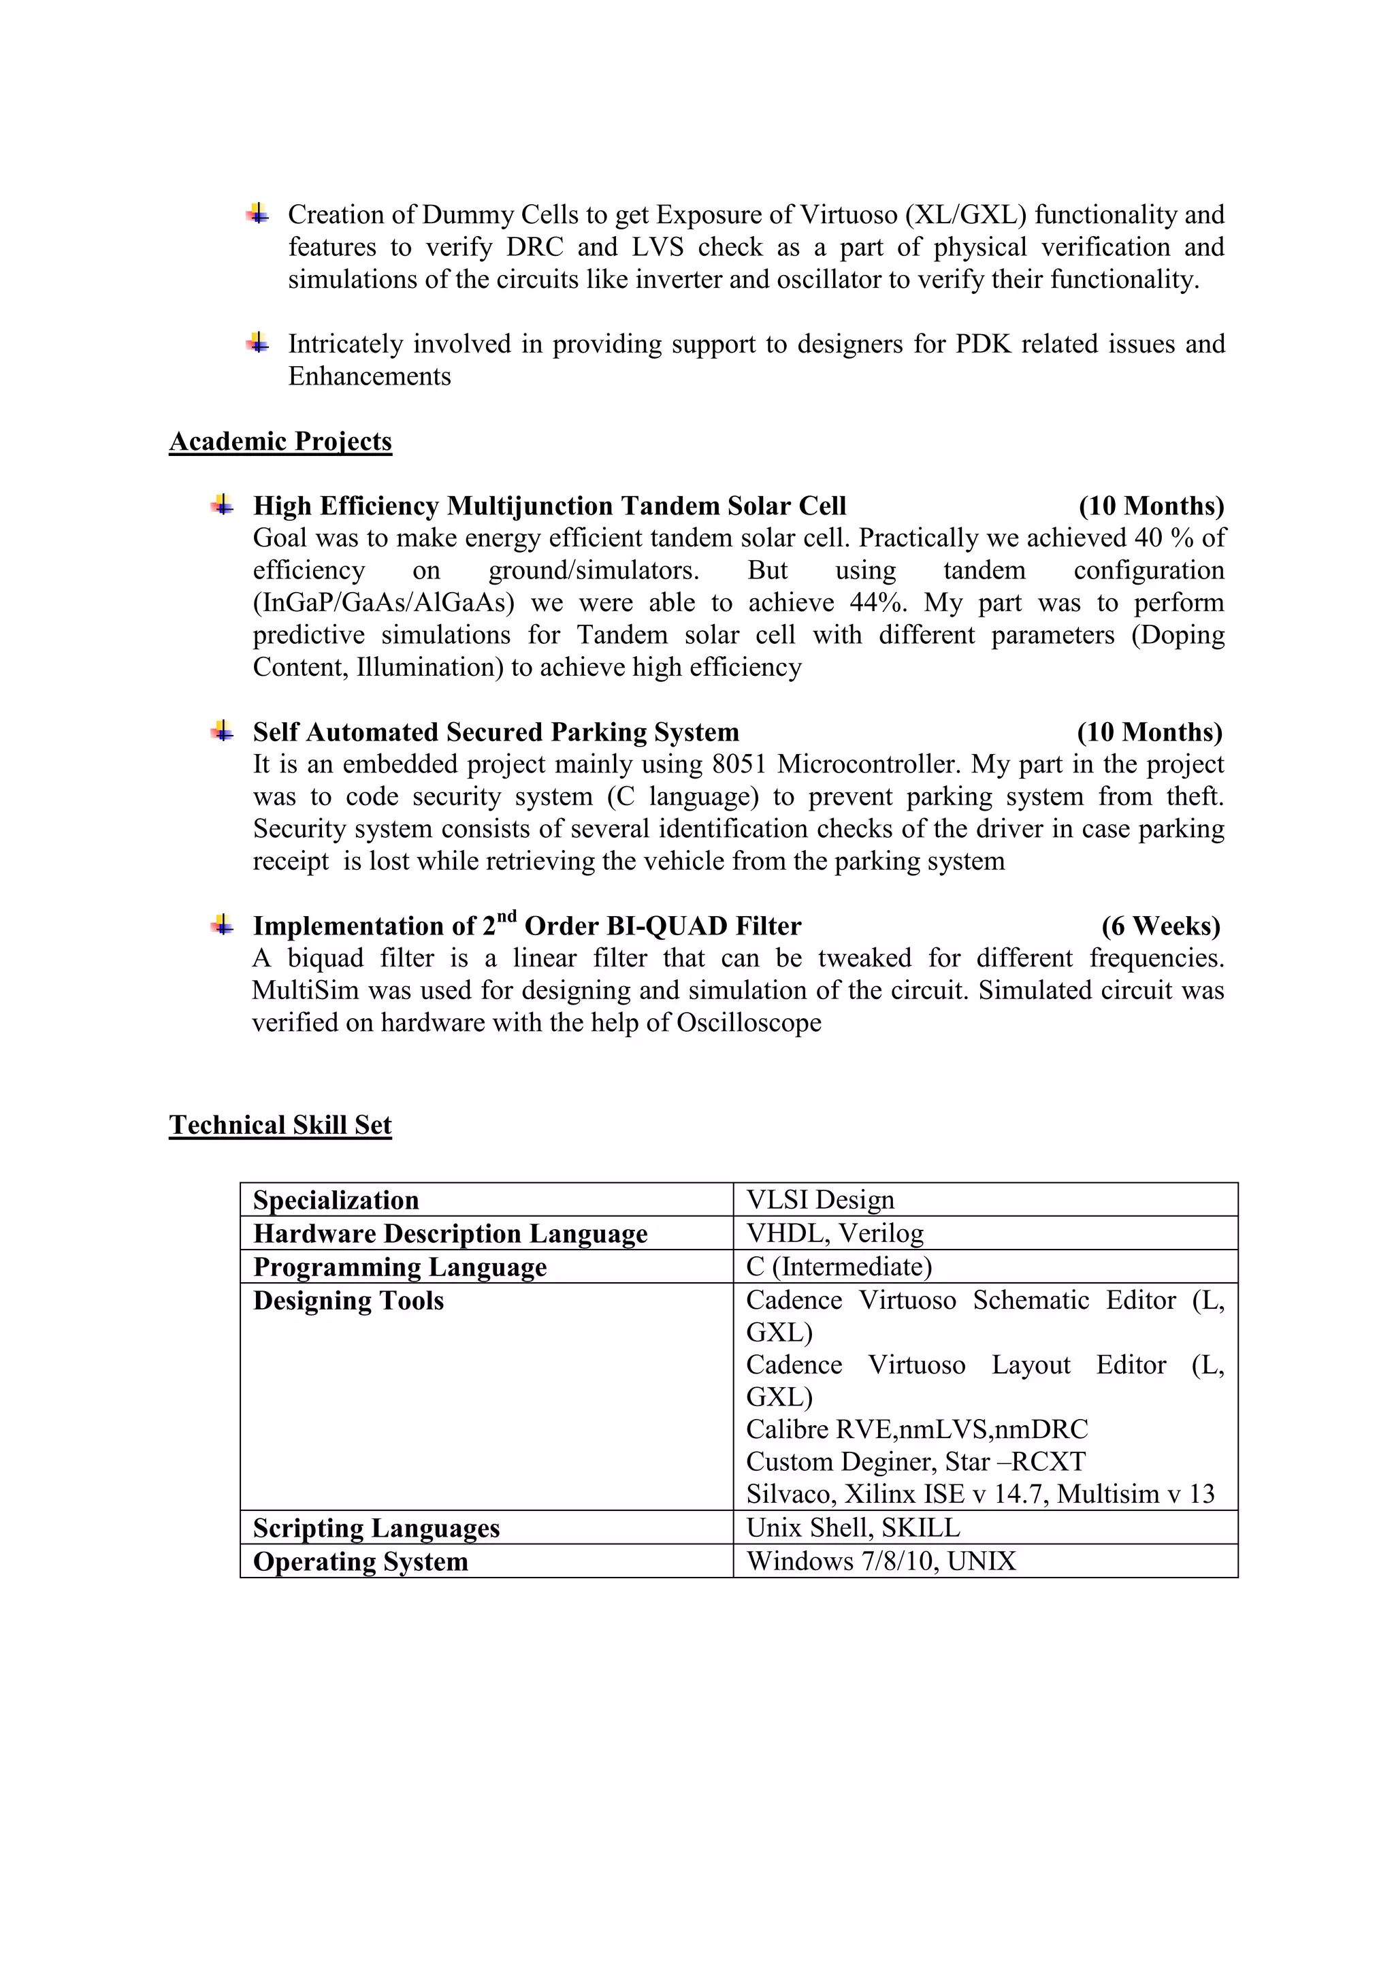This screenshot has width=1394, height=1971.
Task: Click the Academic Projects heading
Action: [280, 441]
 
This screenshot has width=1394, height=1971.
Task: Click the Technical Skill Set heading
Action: [280, 1126]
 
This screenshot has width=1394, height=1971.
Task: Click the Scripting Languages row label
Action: [376, 1528]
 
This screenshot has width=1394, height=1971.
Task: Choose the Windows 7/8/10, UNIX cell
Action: [881, 1561]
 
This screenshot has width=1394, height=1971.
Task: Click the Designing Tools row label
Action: [348, 1301]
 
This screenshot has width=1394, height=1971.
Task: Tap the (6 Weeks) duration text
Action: [1161, 926]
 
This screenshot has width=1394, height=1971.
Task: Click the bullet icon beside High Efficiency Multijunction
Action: [223, 505]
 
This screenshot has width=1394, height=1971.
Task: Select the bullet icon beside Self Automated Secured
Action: [223, 732]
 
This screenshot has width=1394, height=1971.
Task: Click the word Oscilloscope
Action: [749, 1022]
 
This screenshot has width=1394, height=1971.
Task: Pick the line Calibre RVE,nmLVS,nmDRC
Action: [916, 1429]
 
